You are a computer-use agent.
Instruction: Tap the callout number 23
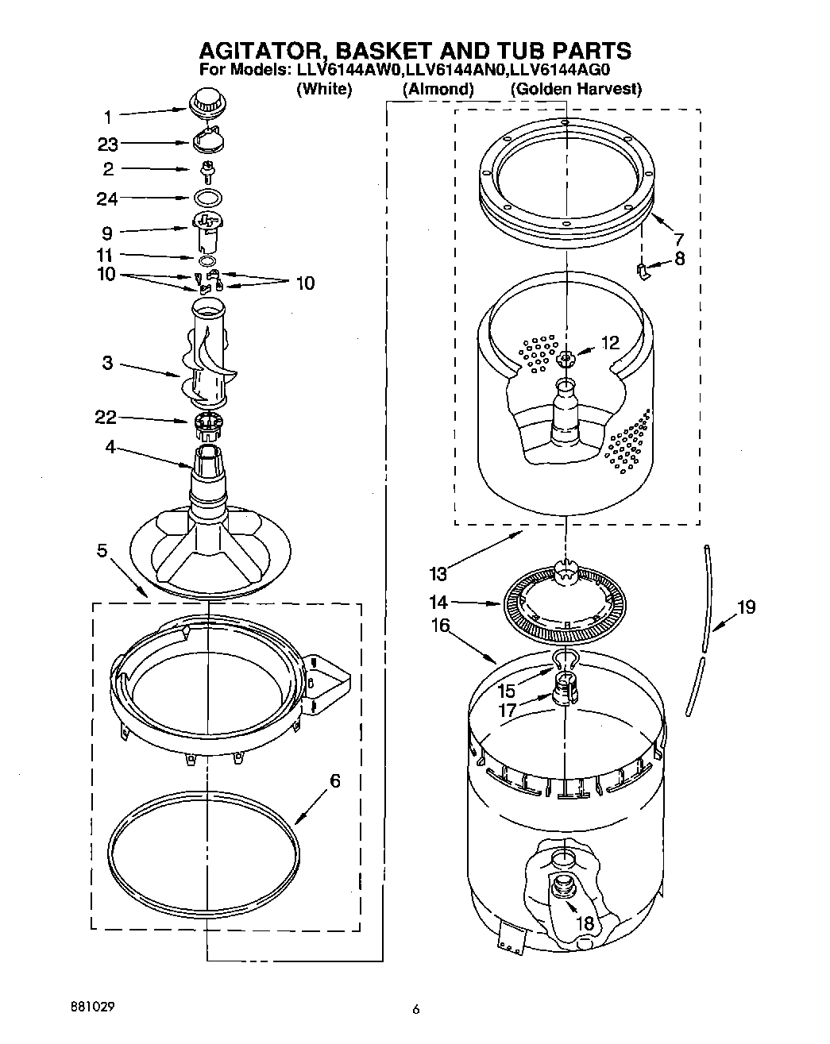point(108,144)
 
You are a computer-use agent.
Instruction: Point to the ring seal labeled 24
point(207,198)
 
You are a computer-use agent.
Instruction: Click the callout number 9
point(106,233)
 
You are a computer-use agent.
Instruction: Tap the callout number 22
point(106,418)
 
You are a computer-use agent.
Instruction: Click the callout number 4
point(110,447)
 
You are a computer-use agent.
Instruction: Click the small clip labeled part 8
point(643,272)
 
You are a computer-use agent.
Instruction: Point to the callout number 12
point(609,343)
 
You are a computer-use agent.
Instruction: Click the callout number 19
point(745,607)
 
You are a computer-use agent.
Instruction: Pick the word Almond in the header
point(438,89)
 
